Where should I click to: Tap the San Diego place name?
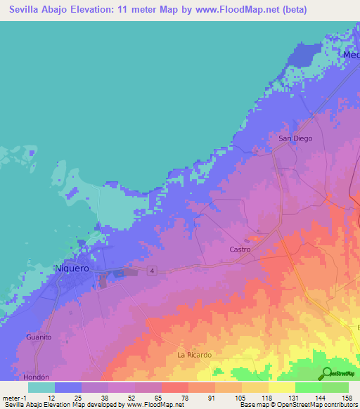pos(295,138)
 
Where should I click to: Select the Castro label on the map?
pos(240,249)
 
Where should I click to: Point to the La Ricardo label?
pos(194,355)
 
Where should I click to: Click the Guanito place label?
pos(39,337)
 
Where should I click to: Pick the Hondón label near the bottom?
pos(37,376)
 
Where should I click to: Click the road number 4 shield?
pos(151,270)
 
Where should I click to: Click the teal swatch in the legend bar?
pos(41,387)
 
